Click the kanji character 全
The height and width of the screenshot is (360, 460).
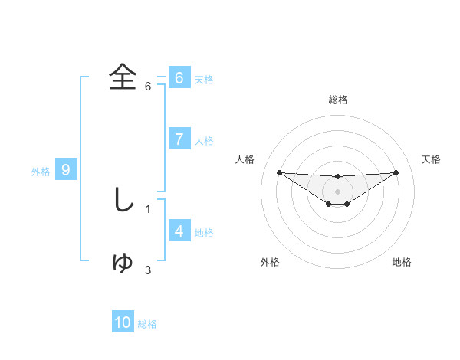coord(123,77)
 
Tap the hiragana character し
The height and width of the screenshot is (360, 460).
coord(123,200)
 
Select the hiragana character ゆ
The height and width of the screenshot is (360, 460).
coord(123,262)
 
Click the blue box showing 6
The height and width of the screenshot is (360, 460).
coord(179,78)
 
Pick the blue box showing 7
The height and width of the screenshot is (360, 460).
coord(179,139)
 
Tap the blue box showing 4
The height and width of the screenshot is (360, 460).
coord(179,231)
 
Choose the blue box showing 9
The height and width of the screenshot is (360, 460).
coord(66,170)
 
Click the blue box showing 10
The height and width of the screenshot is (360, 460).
coord(123,322)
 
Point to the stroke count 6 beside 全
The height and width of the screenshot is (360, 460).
coord(148,86)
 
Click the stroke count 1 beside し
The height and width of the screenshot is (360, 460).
coord(148,208)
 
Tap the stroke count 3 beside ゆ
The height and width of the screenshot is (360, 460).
coord(148,270)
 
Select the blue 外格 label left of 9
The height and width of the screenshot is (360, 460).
coord(41,172)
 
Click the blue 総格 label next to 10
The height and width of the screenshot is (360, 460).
coord(147,324)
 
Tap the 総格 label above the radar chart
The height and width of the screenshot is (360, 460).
coord(337,100)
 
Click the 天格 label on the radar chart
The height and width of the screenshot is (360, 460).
coord(432,159)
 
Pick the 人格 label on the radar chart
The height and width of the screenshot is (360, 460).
coord(245,159)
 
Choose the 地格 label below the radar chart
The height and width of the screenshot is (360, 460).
coord(402,262)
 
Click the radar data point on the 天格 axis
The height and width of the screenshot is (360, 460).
coord(396,172)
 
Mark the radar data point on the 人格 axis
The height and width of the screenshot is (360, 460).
coord(279,172)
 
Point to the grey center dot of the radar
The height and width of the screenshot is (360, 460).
coord(337,191)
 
